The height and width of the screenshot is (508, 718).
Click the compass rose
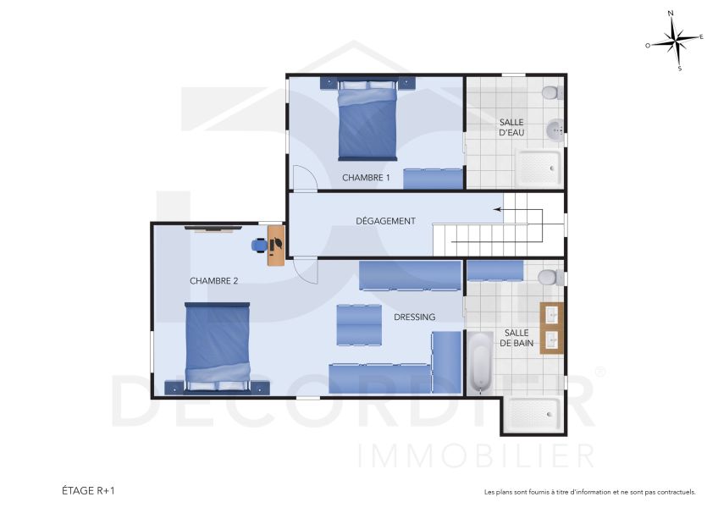(x=675, y=39)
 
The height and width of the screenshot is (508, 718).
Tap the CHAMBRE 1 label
(x=366, y=178)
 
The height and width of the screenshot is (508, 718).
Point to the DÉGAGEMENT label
(x=385, y=221)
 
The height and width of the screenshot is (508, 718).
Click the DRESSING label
(x=414, y=317)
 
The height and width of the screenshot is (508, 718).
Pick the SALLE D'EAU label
(x=511, y=128)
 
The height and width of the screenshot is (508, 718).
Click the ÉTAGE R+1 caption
(x=88, y=490)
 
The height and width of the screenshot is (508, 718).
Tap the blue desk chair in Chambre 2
(x=259, y=245)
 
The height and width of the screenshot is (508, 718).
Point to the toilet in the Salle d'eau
(x=550, y=91)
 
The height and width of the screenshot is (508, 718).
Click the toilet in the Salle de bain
(x=550, y=278)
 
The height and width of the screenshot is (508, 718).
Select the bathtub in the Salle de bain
(x=480, y=362)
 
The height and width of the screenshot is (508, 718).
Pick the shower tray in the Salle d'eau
(x=538, y=168)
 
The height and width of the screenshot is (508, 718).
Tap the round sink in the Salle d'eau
(x=554, y=130)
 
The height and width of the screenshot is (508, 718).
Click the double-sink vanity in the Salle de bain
(x=552, y=328)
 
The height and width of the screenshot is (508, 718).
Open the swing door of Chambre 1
(x=304, y=178)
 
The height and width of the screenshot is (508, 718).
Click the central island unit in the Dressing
(x=359, y=324)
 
